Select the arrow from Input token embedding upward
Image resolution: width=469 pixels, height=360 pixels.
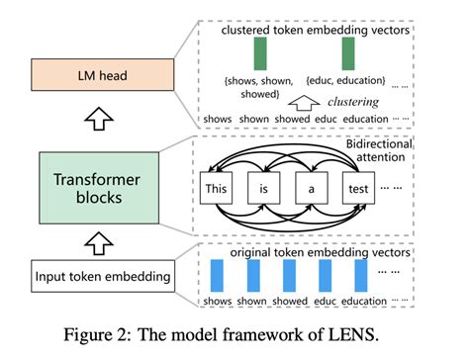click(x=87, y=238)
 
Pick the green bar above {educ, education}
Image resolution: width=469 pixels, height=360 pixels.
click(x=348, y=51)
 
